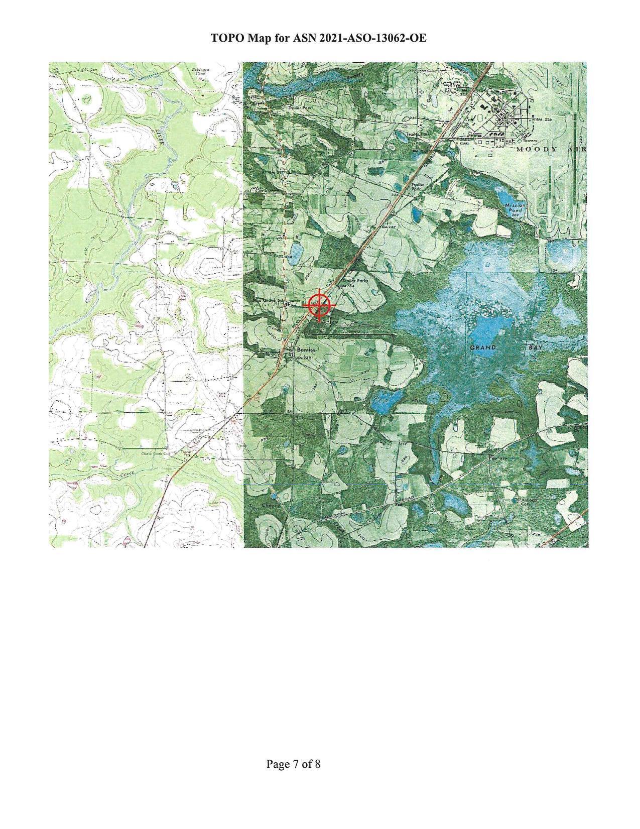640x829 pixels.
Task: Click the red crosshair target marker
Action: click(319, 304)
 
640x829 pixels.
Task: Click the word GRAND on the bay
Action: click(483, 347)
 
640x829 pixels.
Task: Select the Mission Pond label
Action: click(515, 208)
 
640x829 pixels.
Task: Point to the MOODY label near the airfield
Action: click(537, 150)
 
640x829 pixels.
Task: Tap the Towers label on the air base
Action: click(531, 141)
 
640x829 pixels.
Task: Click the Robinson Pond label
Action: click(201, 71)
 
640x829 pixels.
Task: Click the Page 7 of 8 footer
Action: click(293, 764)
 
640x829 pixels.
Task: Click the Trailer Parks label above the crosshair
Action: click(356, 281)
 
